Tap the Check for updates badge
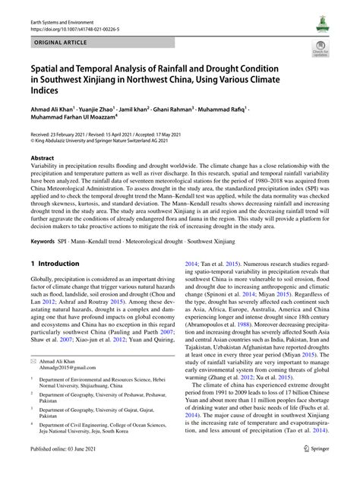click(x=319, y=50)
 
